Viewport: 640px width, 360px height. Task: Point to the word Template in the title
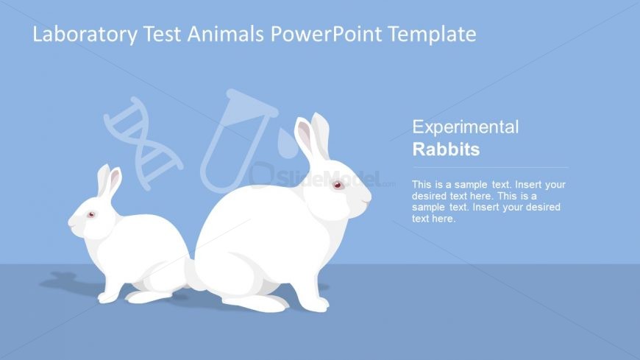pyautogui.click(x=431, y=34)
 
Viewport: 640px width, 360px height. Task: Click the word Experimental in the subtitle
pyautogui.click(x=465, y=127)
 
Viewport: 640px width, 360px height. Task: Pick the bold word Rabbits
pyautogui.click(x=446, y=149)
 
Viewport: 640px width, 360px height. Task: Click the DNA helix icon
pyautogui.click(x=143, y=141)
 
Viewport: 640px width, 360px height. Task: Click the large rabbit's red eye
pyautogui.click(x=338, y=185)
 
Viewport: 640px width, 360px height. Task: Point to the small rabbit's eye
pyautogui.click(x=92, y=215)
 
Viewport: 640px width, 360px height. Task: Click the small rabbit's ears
pyautogui.click(x=108, y=181)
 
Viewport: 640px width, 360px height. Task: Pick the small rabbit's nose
pyautogui.click(x=70, y=222)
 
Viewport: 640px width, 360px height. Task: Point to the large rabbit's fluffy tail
pyautogui.click(x=192, y=274)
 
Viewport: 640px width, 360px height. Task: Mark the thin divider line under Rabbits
pyautogui.click(x=479, y=168)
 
